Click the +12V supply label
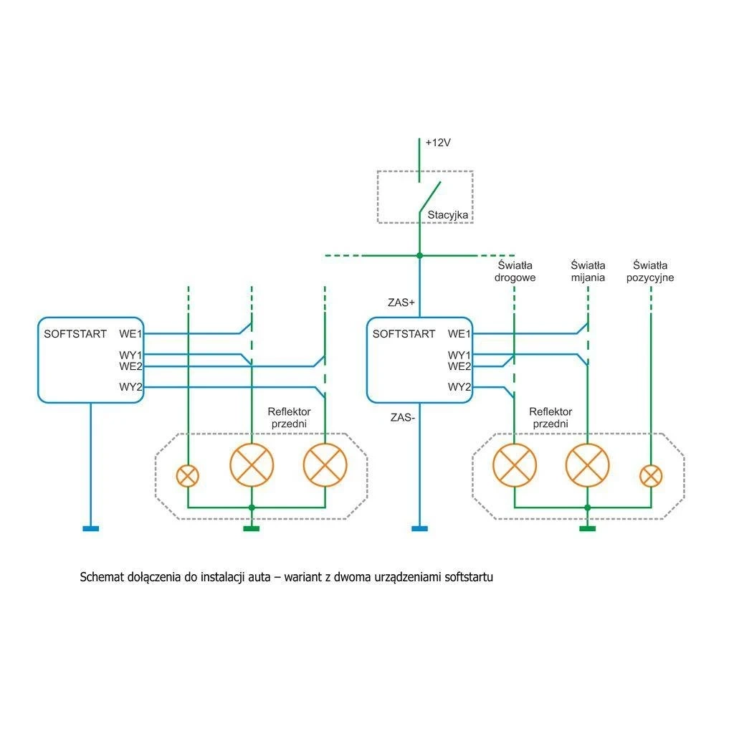437,143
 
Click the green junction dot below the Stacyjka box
420,255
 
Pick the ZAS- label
402,416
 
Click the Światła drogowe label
515,272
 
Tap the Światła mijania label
588,272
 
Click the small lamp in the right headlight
651,475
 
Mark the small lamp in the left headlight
188,475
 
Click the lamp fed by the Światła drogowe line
515,465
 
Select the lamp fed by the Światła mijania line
588,465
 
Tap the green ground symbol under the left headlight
251,529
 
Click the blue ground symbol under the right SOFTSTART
420,529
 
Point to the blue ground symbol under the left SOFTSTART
91,529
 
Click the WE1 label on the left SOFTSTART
131,333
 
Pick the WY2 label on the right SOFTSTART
459,388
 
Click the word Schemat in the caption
103,577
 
